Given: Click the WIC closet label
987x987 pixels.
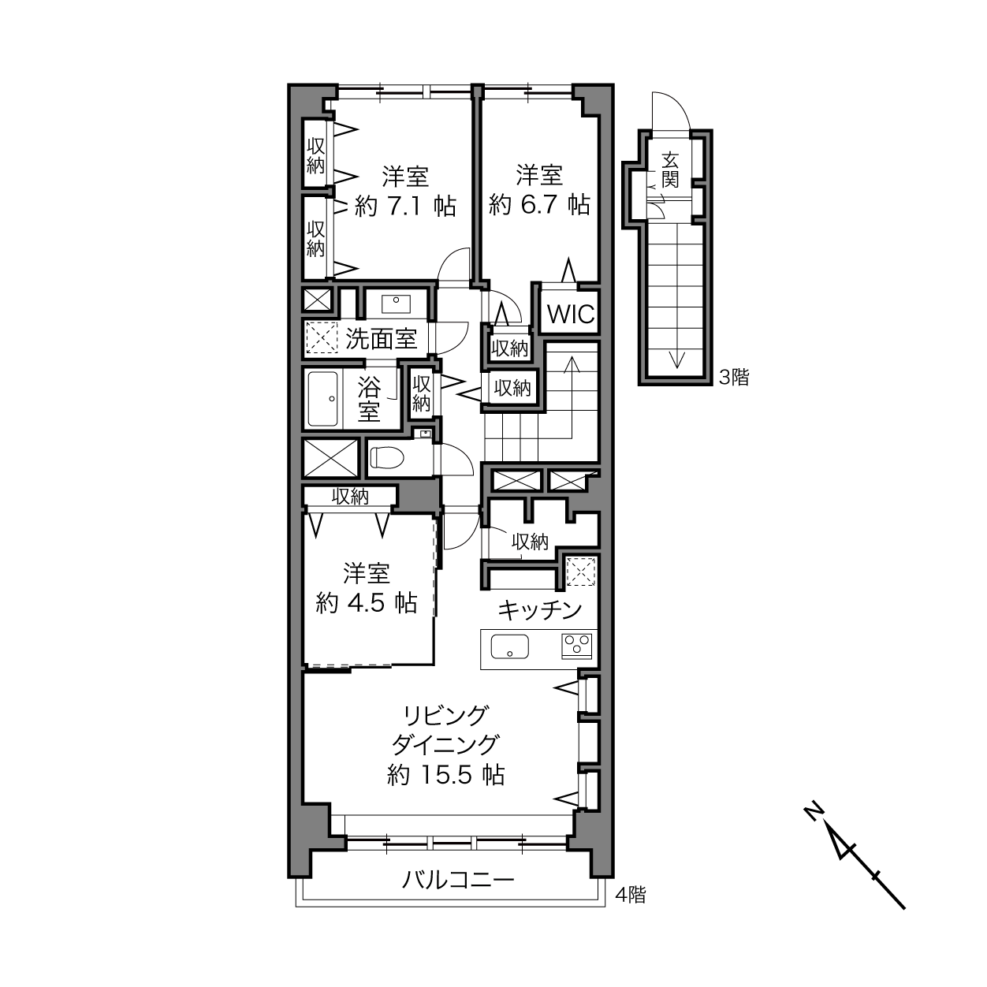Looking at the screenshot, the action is [571, 315].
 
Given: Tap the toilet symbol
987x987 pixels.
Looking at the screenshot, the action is [387, 457].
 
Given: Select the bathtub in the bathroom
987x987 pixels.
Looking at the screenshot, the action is [322, 399].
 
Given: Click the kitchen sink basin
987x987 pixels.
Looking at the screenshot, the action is [509, 646].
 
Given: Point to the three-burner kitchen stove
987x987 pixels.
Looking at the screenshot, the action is [577, 646].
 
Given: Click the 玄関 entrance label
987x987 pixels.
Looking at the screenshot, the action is [670, 170].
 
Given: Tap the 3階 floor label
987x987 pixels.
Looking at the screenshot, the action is [734, 378].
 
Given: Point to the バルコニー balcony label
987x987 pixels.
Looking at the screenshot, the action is [458, 880].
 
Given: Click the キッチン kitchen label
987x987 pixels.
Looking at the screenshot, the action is [540, 610].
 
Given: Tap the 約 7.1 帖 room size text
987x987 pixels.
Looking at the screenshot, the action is [405, 207].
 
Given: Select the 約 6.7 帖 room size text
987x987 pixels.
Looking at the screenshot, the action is [539, 205].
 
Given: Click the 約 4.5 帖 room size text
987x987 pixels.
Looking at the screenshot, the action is [367, 603].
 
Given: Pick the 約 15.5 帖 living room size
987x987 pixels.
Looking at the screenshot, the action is [446, 775].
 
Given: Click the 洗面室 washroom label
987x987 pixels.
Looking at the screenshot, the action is [381, 338].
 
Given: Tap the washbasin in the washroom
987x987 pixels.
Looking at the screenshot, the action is [396, 304].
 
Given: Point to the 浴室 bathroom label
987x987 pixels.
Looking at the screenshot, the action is [369, 400].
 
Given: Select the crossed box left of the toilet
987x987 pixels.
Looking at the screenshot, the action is [330, 458].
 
